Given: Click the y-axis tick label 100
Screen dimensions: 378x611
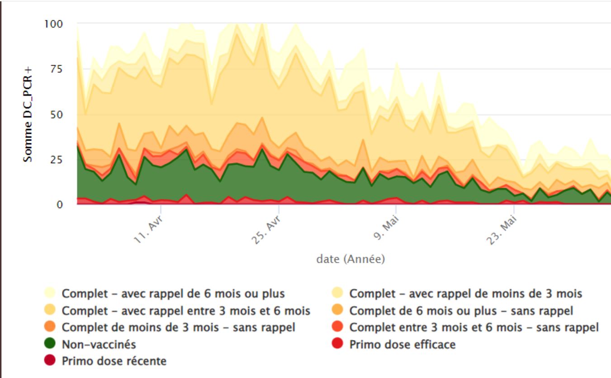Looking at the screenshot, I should coord(53,23).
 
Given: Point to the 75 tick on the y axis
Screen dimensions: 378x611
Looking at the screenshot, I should coord(57,69).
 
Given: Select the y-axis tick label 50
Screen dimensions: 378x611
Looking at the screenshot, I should coord(57,114).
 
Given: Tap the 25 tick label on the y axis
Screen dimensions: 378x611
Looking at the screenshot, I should coord(57,160).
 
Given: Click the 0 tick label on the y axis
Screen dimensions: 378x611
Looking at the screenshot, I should coord(59,205).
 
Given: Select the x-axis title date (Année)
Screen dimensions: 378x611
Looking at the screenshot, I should coord(350,260).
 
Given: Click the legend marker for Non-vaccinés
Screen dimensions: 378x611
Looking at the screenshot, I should coord(50,345).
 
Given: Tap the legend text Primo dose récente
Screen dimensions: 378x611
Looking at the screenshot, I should coord(114,361).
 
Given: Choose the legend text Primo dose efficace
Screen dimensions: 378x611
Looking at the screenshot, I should coord(402,345).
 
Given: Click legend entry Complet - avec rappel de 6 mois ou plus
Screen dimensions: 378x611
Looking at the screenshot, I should coord(173,293).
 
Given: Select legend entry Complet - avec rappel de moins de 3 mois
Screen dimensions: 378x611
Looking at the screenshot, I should coord(465,293).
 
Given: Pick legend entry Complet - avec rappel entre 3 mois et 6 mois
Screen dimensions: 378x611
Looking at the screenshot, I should coord(186,311).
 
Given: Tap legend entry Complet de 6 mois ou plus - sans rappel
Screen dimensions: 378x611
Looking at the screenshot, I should coord(461,311).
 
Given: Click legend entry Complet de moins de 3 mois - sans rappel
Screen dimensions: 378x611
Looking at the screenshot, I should coord(178,327).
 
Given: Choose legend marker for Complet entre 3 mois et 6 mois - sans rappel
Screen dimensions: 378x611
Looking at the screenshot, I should coord(338,327).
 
